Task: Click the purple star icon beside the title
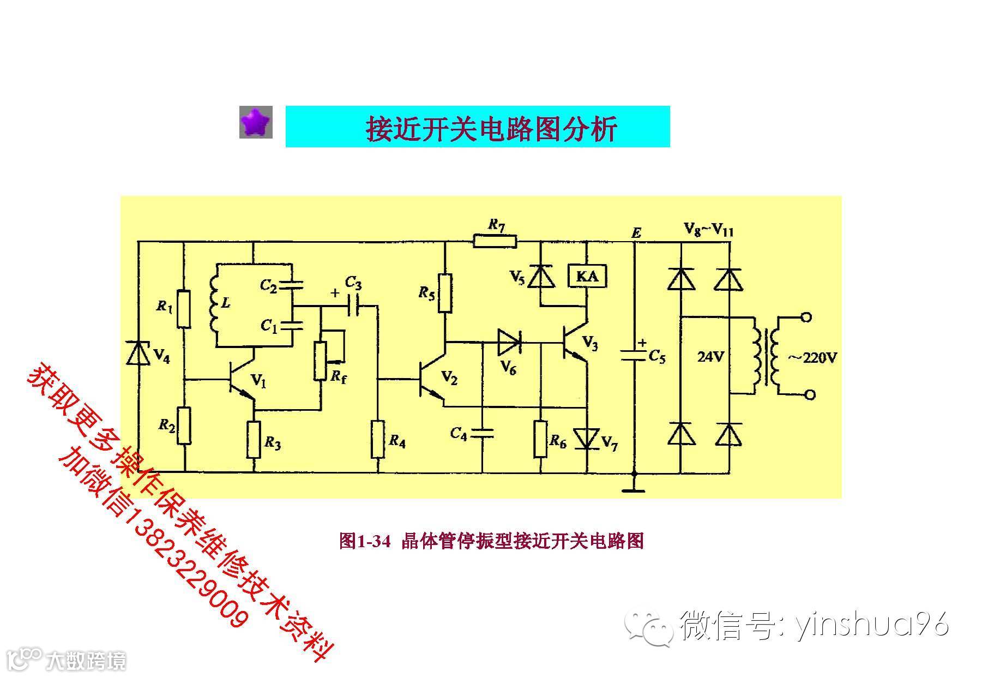[x=256, y=122]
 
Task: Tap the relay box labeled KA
[x=587, y=276]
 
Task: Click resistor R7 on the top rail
[x=494, y=241]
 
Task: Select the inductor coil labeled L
[x=214, y=305]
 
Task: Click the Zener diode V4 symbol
[x=138, y=353]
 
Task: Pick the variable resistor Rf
[x=321, y=360]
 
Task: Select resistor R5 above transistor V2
[x=445, y=293]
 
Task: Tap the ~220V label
[x=811, y=358]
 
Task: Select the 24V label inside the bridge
[x=710, y=357]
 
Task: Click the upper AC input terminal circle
[x=805, y=317]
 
